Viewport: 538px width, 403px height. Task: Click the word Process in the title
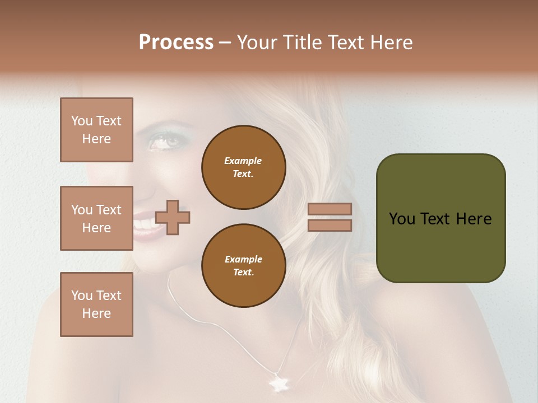coord(176,43)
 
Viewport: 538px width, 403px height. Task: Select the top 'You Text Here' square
coord(96,130)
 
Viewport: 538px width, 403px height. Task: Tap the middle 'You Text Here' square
coord(96,218)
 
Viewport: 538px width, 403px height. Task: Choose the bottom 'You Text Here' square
coord(96,304)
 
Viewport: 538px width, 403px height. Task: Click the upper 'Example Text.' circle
coord(243,167)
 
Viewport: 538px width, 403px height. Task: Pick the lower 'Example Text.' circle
coord(243,266)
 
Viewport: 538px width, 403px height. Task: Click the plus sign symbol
coord(173,217)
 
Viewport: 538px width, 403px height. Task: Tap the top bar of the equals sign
coord(330,209)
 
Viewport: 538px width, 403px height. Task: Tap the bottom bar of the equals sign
coord(330,225)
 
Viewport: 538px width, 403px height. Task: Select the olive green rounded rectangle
coord(440,218)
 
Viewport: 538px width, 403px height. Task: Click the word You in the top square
coord(82,121)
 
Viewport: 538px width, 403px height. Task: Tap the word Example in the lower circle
coord(243,259)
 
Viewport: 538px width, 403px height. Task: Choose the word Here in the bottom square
coord(96,313)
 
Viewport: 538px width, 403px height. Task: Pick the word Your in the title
coord(258,43)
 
